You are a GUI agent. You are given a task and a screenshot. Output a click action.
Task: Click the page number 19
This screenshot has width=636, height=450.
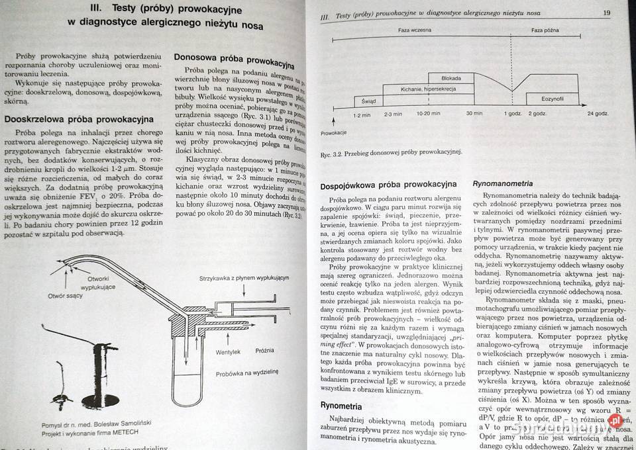607,13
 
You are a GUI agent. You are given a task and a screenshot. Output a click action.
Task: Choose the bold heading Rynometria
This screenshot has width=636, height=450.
341,405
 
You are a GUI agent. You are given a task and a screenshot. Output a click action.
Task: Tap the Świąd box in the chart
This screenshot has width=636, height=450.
368,101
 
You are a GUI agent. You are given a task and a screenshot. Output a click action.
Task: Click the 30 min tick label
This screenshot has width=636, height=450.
474,114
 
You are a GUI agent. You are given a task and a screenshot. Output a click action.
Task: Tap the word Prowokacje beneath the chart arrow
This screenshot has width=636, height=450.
334,133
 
